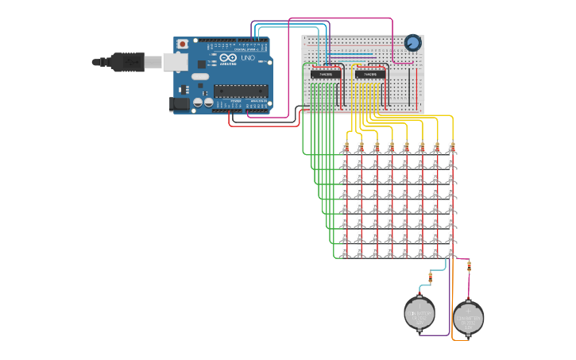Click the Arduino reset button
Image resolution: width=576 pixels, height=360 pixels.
[183, 45]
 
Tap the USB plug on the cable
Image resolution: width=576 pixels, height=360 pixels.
[127, 61]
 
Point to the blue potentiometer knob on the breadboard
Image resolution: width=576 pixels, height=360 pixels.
[412, 43]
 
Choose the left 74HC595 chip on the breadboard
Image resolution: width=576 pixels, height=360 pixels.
[326, 74]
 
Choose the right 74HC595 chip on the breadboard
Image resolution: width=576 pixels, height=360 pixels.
[370, 74]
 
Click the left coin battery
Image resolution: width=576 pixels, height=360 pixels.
[419, 313]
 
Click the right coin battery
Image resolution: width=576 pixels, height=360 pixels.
[468, 317]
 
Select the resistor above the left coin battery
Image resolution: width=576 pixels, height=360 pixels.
[430, 277]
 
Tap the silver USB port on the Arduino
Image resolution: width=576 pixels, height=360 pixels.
[175, 62]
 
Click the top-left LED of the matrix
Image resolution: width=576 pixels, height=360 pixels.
[345, 147]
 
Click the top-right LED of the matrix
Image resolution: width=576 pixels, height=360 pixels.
[451, 147]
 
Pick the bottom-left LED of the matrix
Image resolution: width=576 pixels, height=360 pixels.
[345, 252]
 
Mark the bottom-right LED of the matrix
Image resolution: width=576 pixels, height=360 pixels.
[451, 252]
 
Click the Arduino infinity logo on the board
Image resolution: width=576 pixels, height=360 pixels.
[229, 58]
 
